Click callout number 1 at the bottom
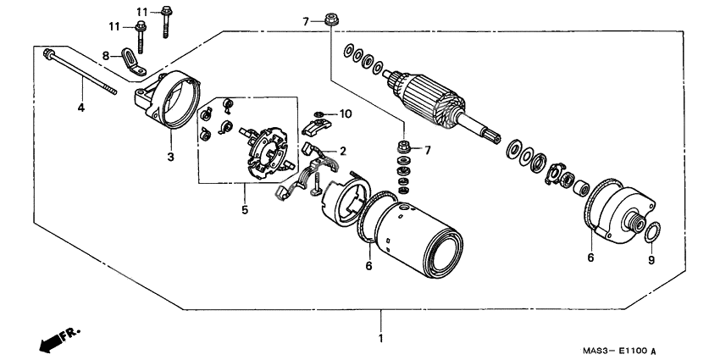[x=380, y=339]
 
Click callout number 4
[x=81, y=108]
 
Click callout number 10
[x=346, y=114]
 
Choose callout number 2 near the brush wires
[x=343, y=151]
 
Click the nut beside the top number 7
[x=328, y=20]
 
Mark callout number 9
[x=651, y=261]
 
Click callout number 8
[x=106, y=56]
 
